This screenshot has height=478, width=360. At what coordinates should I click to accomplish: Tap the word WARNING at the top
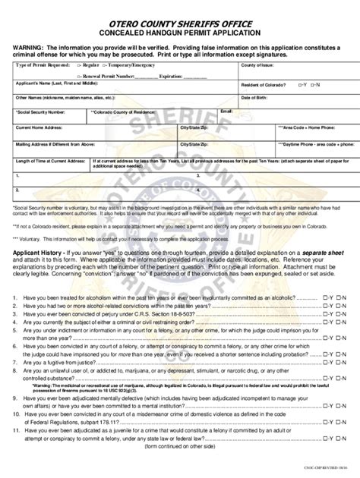pos(30,47)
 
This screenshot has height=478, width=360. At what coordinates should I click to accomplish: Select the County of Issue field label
pos(257,67)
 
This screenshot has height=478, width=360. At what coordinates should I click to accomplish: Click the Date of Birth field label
pos(254,98)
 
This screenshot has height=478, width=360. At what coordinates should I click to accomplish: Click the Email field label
pos(226,111)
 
